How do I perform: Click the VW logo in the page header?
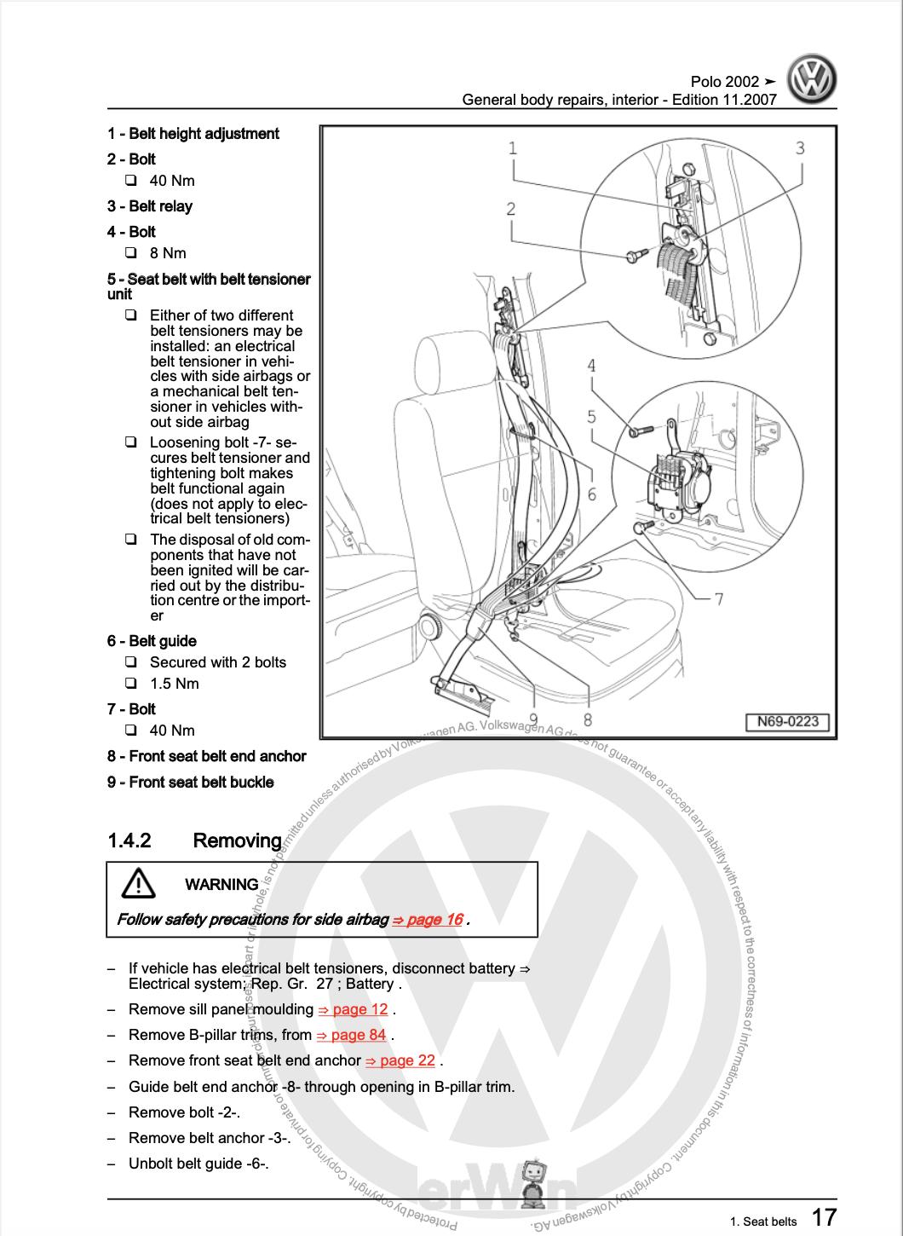coord(810,81)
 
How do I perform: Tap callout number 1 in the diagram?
coord(513,149)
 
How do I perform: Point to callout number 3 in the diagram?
coord(800,148)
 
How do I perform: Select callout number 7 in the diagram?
coord(718,598)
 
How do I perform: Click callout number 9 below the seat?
coord(533,720)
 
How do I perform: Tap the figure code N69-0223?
coord(787,722)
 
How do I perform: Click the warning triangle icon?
coord(138,884)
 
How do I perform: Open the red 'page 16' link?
coord(427,919)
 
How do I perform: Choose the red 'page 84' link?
coord(351,1035)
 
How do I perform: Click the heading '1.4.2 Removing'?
coord(194,840)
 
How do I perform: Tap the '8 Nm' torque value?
coord(168,253)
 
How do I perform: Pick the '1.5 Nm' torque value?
coord(175,684)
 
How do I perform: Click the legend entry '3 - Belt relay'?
coord(150,206)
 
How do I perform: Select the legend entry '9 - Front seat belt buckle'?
coord(191,782)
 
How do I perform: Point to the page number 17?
coord(823,1216)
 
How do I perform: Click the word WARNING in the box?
coord(221,884)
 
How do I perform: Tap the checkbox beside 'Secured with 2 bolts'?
coord(130,662)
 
